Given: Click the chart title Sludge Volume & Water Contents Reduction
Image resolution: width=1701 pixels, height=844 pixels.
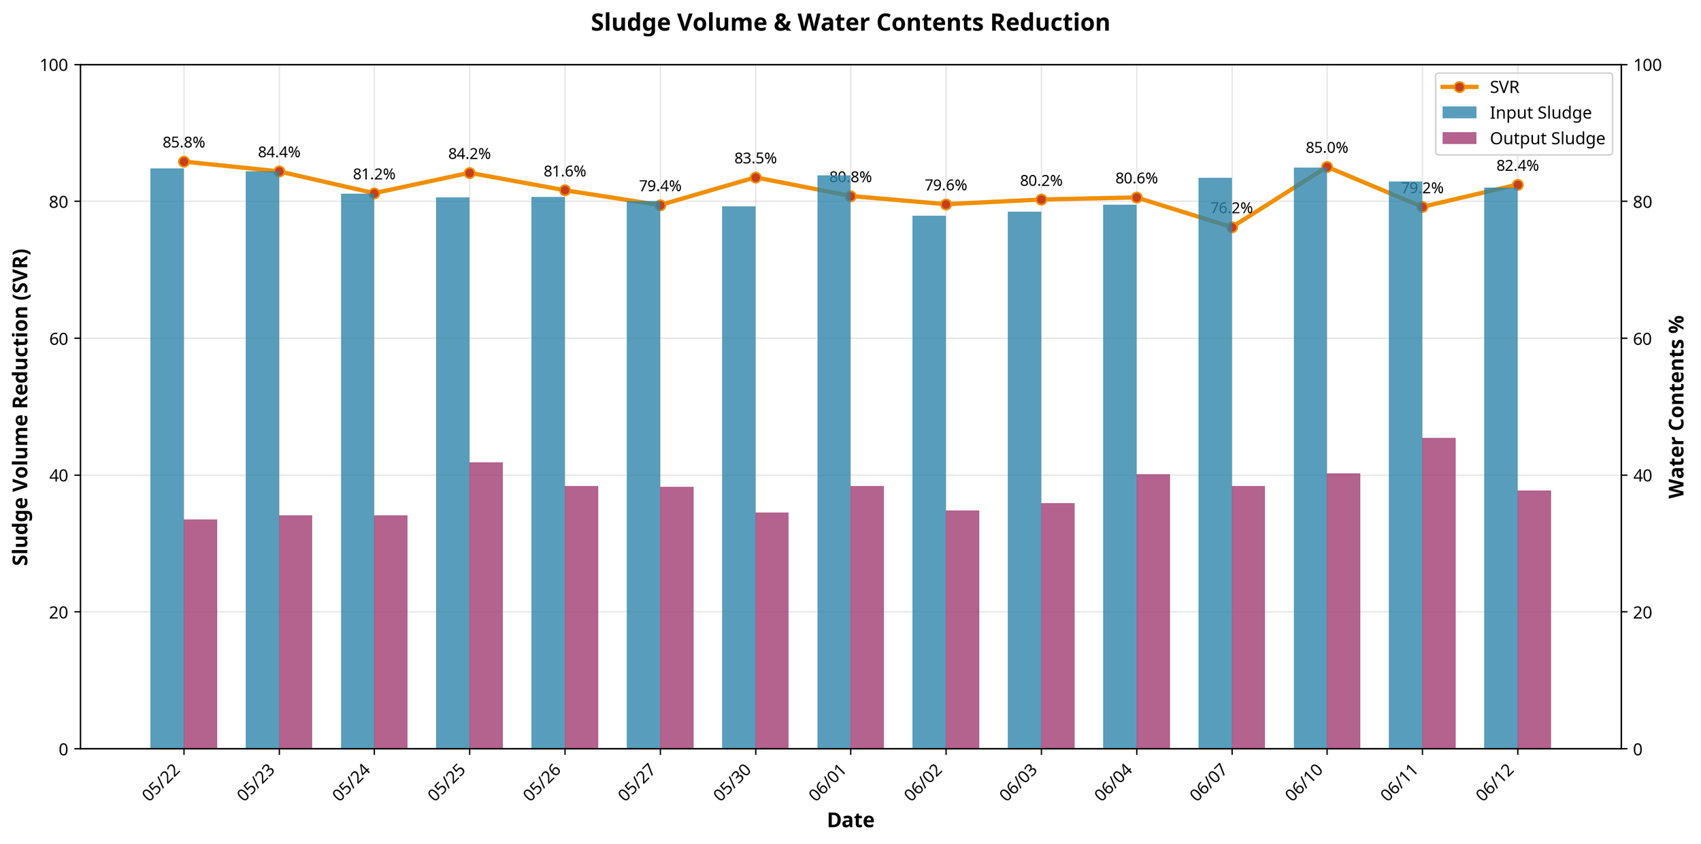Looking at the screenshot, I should click(850, 23).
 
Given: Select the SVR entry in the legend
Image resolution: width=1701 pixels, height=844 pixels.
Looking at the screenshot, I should click(1504, 87).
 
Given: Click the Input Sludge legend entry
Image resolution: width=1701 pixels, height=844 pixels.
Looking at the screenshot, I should click(1540, 113).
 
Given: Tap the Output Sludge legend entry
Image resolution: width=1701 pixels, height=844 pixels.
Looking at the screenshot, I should click(1547, 139).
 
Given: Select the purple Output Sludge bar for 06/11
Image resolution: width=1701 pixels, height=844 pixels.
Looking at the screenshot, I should click(1438, 593).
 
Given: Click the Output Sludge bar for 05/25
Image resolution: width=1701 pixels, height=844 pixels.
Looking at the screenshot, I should click(486, 605).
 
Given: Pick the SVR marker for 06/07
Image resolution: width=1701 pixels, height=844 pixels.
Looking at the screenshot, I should click(1232, 227).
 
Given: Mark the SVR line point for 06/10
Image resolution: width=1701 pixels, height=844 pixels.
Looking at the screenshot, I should click(1327, 167).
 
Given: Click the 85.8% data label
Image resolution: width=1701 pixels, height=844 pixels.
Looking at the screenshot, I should click(184, 143).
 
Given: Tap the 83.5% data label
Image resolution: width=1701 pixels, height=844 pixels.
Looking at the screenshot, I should click(755, 159).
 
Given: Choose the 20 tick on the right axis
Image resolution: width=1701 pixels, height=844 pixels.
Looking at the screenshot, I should click(1642, 612).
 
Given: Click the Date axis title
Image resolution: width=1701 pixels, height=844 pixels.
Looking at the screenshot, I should click(850, 821).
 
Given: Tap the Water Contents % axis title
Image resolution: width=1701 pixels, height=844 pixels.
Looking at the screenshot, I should click(1677, 406).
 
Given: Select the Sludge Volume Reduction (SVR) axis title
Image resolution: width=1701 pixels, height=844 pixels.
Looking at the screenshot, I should click(21, 406).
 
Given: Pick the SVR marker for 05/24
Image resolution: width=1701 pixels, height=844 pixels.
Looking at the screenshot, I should click(374, 193).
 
